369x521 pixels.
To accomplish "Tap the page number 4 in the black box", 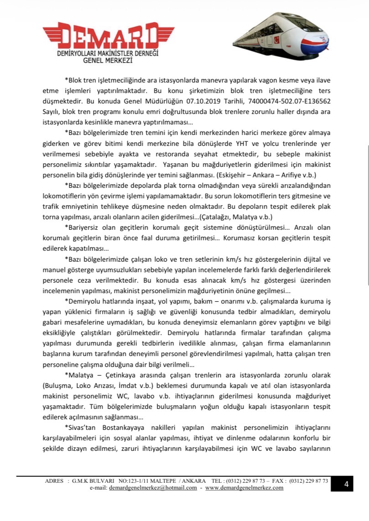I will click(346, 484).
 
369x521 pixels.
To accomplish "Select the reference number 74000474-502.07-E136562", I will click(291, 100).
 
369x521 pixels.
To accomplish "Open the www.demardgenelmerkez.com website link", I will click(244, 488).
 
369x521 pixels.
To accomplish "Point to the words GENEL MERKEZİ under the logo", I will click(107, 60).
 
